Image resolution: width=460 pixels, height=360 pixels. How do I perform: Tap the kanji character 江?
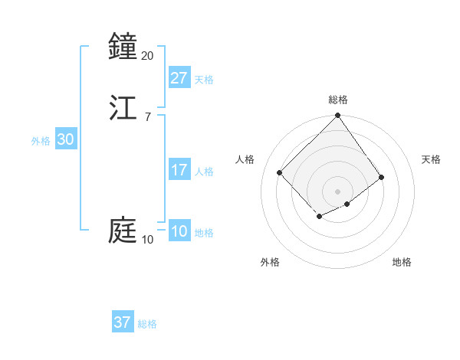point(123,106)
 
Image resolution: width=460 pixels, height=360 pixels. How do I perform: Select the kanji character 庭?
point(123,231)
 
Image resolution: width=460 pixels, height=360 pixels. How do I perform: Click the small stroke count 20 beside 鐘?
point(147,55)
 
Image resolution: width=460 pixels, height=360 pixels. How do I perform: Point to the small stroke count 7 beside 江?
point(147,116)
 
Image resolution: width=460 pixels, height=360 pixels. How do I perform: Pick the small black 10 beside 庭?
point(147,240)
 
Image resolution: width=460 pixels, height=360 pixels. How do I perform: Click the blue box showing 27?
point(179,77)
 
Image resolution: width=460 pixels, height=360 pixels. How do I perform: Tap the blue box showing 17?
point(179,170)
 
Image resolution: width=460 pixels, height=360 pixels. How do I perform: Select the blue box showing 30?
point(66,139)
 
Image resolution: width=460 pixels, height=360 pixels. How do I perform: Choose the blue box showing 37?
point(123,322)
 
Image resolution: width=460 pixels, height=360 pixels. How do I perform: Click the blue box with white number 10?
point(179,232)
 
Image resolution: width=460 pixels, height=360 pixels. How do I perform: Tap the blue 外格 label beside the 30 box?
point(41,141)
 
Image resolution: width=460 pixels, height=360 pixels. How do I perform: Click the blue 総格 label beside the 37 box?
point(147,324)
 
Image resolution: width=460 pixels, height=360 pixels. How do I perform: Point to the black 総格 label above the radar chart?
point(338,100)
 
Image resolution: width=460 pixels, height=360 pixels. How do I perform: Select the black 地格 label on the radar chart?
point(402,263)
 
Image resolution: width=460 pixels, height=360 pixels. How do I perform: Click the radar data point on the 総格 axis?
point(337,116)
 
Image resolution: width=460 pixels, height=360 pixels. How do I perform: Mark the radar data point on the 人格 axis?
point(280,172)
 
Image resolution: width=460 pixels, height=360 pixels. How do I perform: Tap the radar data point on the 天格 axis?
point(382,177)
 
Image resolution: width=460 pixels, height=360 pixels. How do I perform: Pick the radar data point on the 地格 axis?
point(347,204)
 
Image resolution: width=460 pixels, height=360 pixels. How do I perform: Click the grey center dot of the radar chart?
point(337,191)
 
